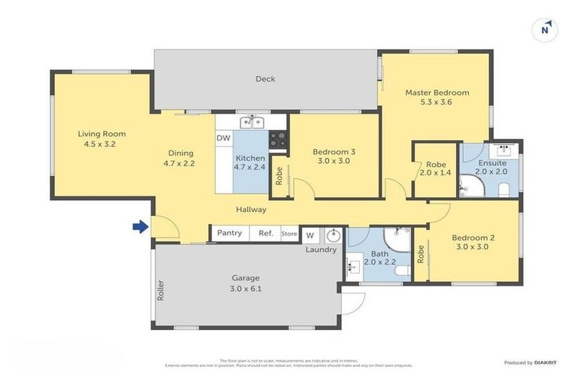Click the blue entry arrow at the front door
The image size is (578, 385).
(138, 226)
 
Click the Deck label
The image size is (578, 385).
(265, 79)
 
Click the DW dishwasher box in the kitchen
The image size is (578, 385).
(223, 138)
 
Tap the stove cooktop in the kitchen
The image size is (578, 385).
(278, 139)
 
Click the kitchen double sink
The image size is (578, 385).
(251, 122)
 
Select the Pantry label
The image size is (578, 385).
(229, 233)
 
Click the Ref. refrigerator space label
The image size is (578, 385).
(266, 233)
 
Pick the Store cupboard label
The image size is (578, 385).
(289, 234)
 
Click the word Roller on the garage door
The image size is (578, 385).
(160, 290)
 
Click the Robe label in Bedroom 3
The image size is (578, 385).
(279, 176)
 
